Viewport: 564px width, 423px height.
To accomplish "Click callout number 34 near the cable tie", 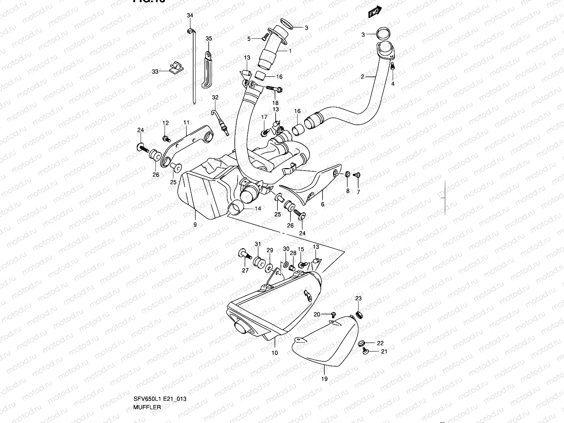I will pyautogui.click(x=190, y=15).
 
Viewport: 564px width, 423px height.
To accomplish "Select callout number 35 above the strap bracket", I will pyautogui.click(x=209, y=39).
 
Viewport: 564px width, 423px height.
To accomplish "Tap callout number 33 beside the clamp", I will pyautogui.click(x=155, y=72).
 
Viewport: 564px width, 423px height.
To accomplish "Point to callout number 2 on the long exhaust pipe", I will pyautogui.click(x=362, y=76).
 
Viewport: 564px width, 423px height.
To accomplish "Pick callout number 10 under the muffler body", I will pyautogui.click(x=275, y=353).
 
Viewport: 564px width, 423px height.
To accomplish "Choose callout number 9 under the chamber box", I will pyautogui.click(x=195, y=224).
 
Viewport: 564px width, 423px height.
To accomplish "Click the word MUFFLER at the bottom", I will pyautogui.click(x=147, y=407).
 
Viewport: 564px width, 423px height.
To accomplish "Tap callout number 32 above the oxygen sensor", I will pyautogui.click(x=215, y=97).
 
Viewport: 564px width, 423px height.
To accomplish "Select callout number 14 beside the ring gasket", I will pyautogui.click(x=258, y=209).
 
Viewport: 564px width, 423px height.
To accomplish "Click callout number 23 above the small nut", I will pyautogui.click(x=358, y=299).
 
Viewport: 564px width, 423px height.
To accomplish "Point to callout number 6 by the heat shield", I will pyautogui.click(x=322, y=204).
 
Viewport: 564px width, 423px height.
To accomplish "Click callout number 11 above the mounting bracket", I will pyautogui.click(x=186, y=122).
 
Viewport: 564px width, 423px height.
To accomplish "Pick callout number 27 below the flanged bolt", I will pyautogui.click(x=245, y=270).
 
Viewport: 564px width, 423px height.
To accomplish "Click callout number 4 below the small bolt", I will pyautogui.click(x=393, y=84).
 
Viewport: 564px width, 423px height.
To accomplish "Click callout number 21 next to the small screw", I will pyautogui.click(x=384, y=351).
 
